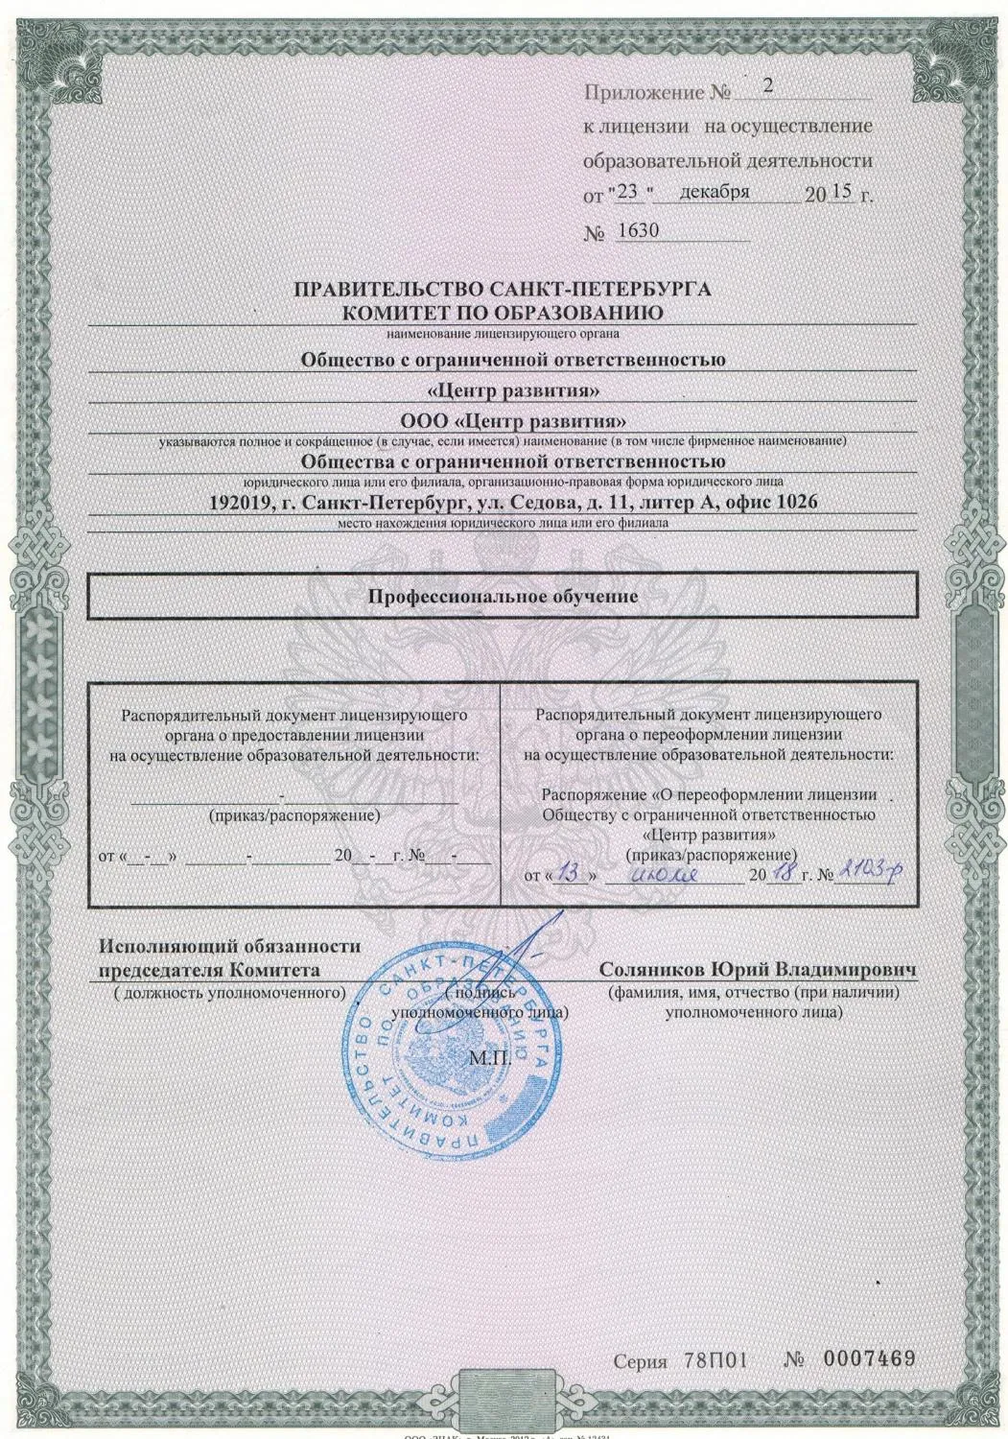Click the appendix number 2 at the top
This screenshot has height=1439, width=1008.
click(x=766, y=84)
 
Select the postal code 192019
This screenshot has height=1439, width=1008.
click(x=240, y=502)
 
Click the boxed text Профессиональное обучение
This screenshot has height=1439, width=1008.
click(x=504, y=596)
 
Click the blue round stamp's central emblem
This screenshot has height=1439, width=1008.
click(x=452, y=1055)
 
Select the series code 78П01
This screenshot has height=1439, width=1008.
click(x=715, y=1359)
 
